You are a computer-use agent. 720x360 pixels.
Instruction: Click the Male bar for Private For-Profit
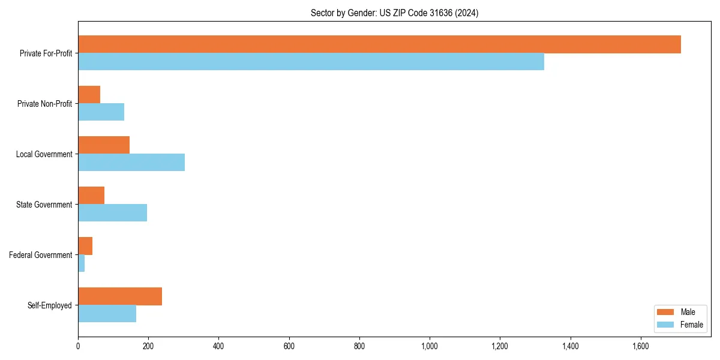click(379, 44)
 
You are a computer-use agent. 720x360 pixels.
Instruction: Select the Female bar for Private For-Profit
click(311, 62)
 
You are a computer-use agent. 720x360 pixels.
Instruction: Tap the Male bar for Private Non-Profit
click(89, 95)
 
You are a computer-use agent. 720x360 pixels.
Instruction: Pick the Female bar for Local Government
click(131, 162)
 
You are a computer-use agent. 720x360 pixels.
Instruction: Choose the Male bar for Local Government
click(104, 145)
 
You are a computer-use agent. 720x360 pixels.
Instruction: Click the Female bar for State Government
click(112, 212)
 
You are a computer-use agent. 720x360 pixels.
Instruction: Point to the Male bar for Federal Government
click(85, 246)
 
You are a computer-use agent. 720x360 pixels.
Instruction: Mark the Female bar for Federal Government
click(81, 263)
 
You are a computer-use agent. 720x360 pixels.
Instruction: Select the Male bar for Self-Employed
click(120, 296)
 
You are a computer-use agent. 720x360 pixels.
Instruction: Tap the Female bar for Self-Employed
click(107, 313)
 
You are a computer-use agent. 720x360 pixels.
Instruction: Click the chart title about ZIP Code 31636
click(394, 13)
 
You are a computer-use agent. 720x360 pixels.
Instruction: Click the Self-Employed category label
click(50, 305)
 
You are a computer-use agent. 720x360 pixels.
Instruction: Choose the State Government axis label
click(44, 205)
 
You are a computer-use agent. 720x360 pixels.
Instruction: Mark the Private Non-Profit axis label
click(44, 104)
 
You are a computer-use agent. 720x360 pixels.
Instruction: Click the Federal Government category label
click(41, 255)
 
